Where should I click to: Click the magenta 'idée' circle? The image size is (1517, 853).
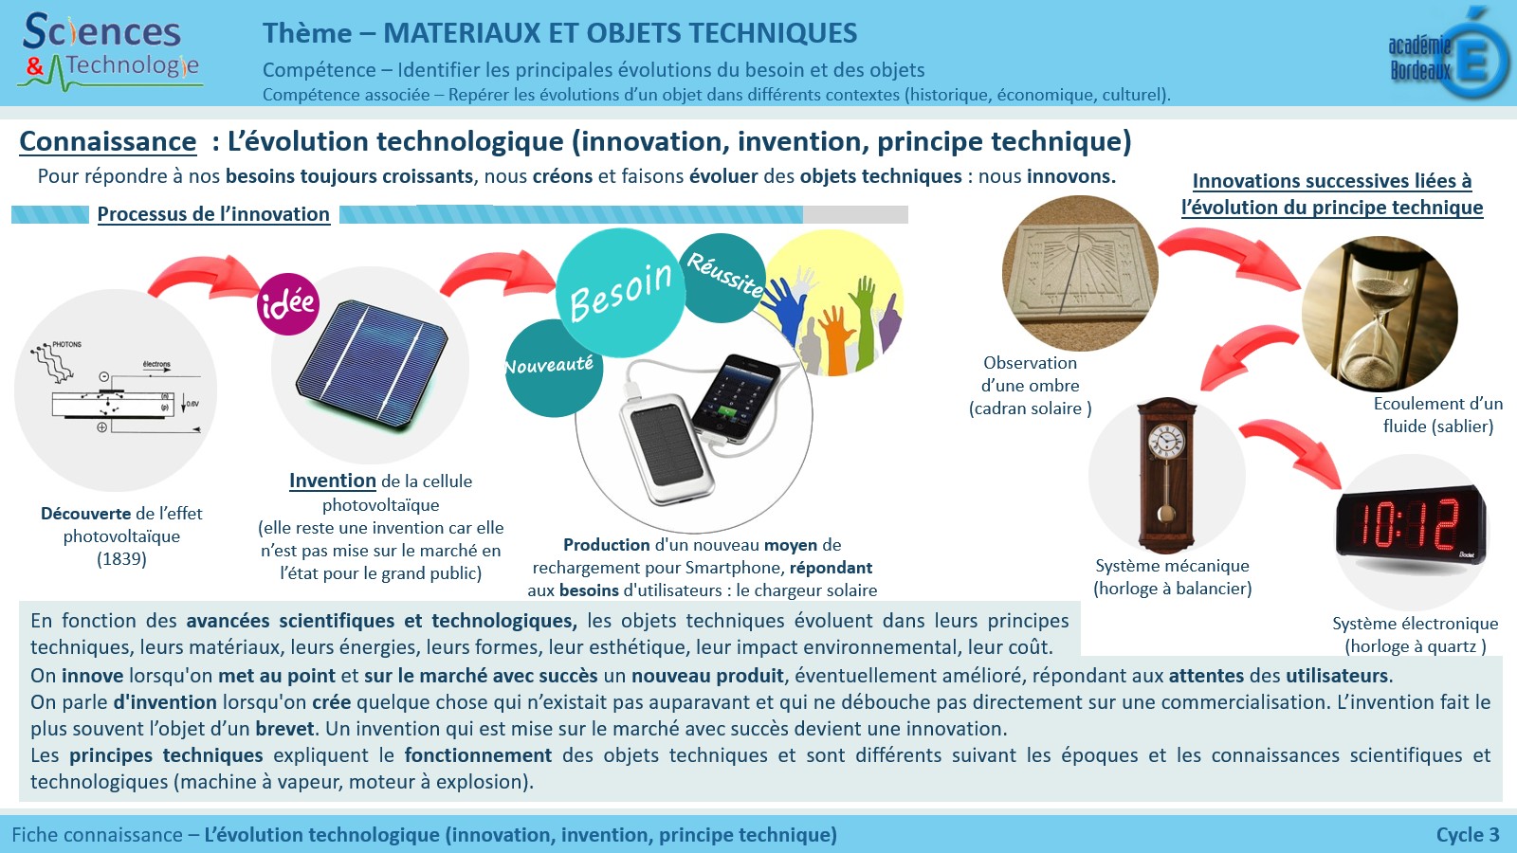tap(288, 304)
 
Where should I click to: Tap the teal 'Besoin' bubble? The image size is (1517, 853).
tap(620, 293)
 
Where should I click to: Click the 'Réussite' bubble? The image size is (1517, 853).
tap(723, 278)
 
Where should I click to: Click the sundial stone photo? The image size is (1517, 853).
tap(1080, 274)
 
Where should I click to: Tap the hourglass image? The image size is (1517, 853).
tap(1380, 314)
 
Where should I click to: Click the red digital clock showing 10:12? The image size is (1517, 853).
tap(1412, 525)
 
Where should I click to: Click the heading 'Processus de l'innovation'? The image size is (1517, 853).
tap(213, 214)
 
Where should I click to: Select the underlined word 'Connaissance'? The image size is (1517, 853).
tap(108, 141)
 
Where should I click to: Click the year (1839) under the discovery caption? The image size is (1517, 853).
tap(121, 559)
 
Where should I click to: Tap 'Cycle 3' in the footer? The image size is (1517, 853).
tap(1468, 835)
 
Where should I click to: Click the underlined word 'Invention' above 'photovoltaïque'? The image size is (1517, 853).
tap(333, 481)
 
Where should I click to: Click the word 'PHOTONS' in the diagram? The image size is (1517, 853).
tap(67, 345)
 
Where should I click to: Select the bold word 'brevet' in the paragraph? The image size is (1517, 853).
tap(284, 729)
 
